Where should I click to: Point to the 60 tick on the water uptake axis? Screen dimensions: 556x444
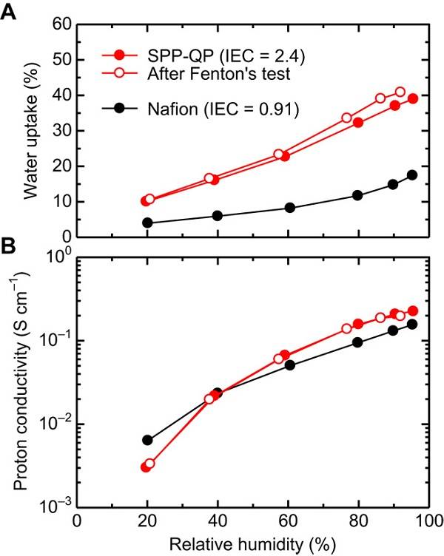(61, 24)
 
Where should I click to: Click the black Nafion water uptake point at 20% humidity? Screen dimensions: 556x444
(147, 223)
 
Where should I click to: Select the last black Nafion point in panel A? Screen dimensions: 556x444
(412, 175)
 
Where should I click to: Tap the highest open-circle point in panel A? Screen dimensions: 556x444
(400, 92)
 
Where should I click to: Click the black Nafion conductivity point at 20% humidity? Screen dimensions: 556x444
(147, 440)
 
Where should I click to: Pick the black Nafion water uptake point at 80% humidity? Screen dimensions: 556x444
(358, 195)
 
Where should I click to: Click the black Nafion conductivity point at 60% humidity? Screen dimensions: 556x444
(290, 365)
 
